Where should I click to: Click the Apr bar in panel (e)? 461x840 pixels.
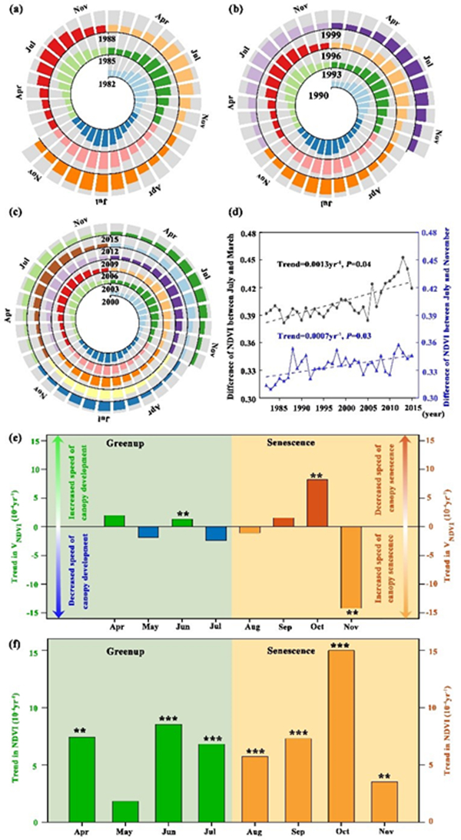click(x=114, y=520)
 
